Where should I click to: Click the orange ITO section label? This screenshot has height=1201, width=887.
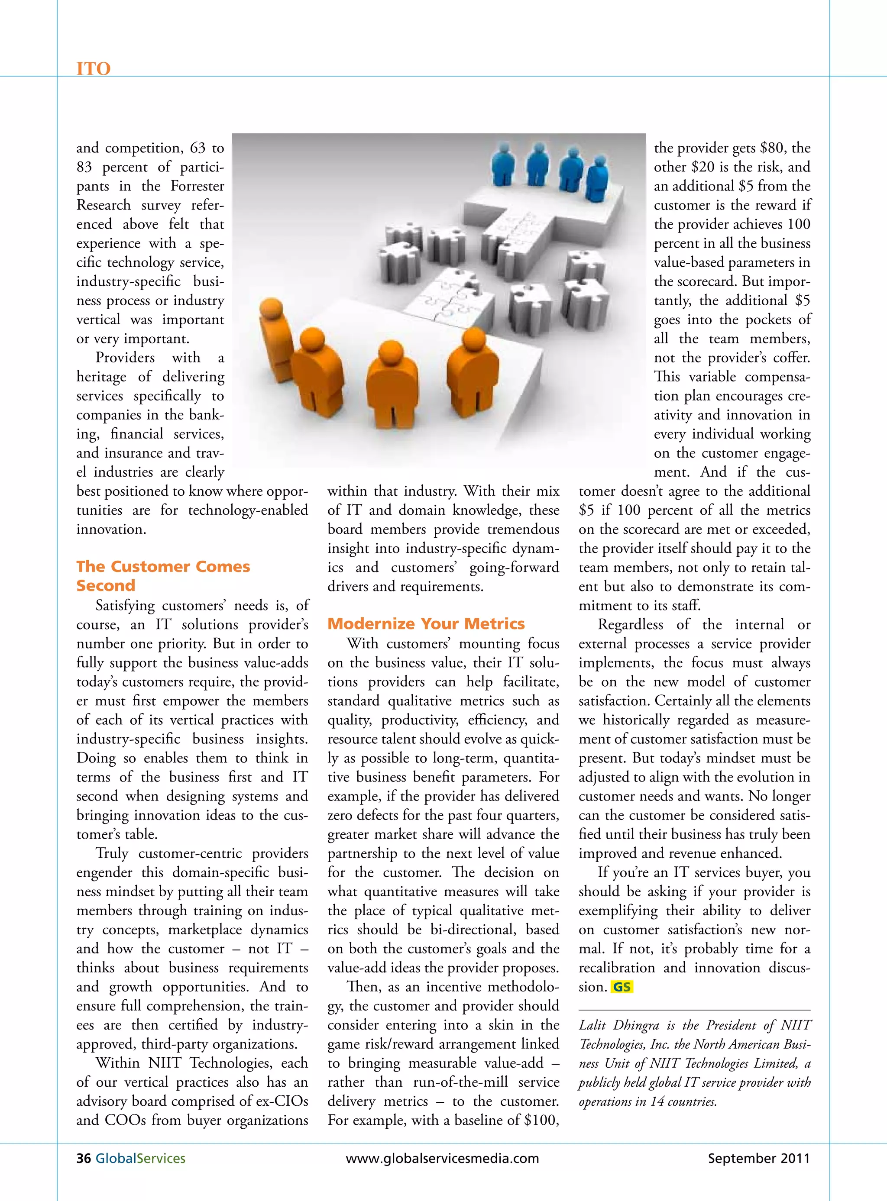point(94,69)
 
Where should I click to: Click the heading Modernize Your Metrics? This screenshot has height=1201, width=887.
point(426,623)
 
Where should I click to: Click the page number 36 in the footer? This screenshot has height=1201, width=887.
point(83,1159)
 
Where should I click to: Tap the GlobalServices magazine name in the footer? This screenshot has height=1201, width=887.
point(140,1159)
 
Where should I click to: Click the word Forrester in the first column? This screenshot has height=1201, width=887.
point(197,186)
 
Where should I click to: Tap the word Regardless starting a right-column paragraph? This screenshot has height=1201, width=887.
point(630,625)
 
